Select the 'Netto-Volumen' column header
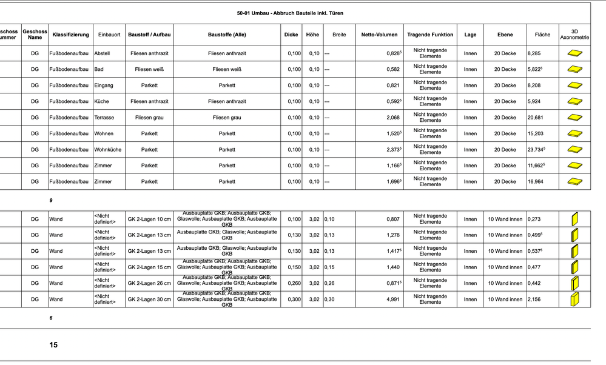click(x=379, y=35)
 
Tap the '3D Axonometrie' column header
click(x=574, y=35)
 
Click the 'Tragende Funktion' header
click(x=430, y=35)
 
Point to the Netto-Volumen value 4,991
click(x=393, y=299)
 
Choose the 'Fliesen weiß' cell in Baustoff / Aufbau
click(x=149, y=70)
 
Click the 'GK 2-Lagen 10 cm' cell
click(x=149, y=219)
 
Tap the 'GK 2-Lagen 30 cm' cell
click(x=149, y=299)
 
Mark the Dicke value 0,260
click(x=294, y=283)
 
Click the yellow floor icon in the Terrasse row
click(x=574, y=118)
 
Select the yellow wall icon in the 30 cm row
click(x=574, y=299)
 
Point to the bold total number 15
click(x=53, y=345)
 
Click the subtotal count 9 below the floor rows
click(x=51, y=199)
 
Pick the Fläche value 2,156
click(x=535, y=299)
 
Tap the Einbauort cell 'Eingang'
click(x=104, y=85)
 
